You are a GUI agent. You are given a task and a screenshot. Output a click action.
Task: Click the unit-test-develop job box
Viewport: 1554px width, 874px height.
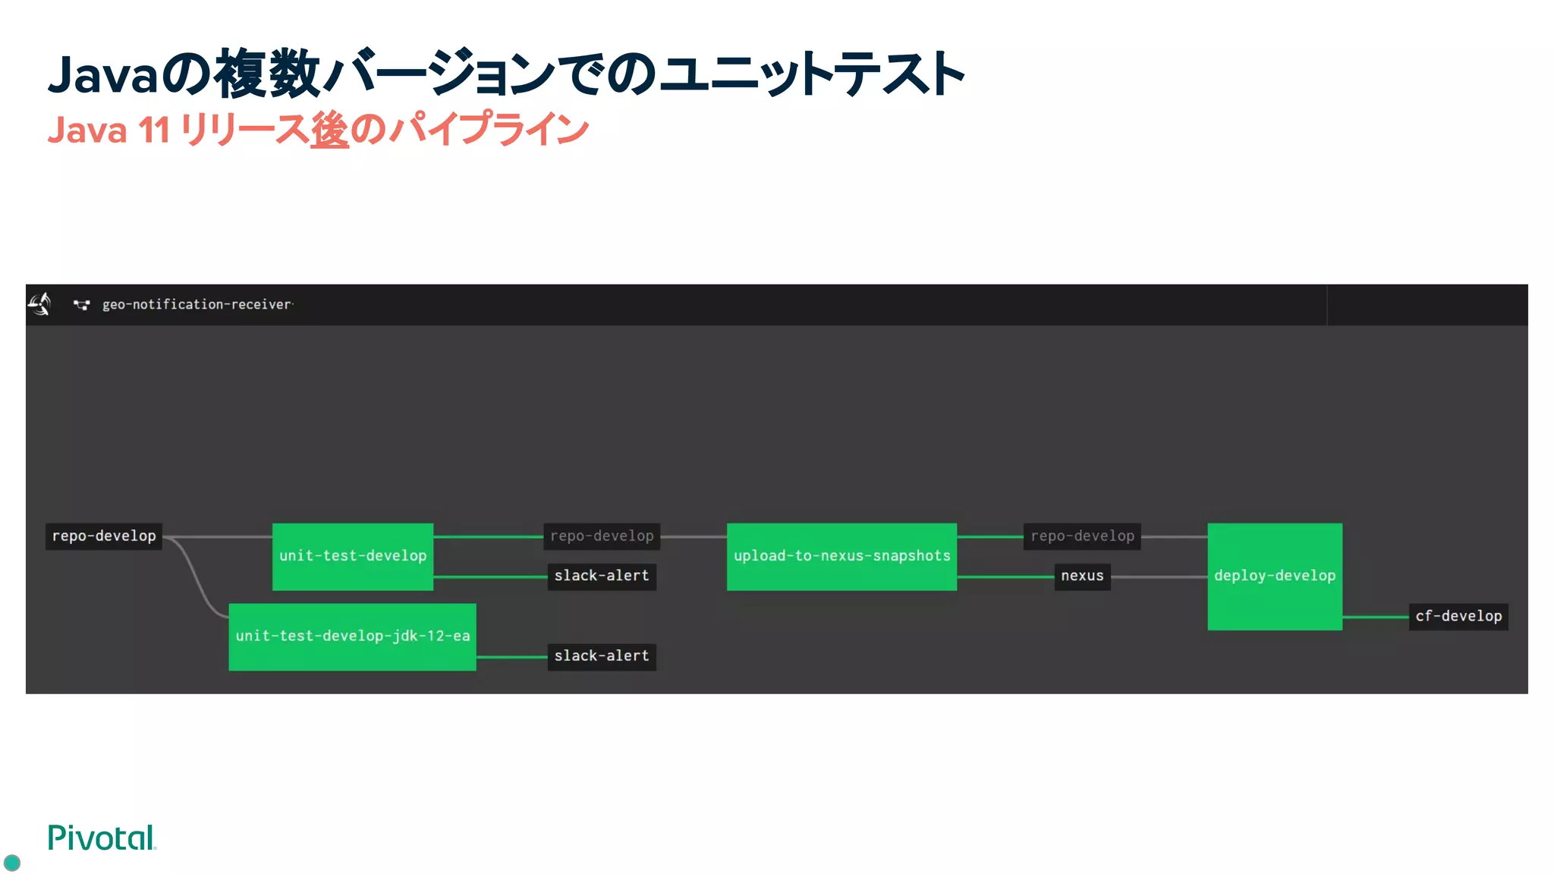click(x=353, y=556)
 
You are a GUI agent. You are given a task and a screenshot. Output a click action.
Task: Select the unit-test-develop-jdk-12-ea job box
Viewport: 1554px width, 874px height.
click(x=352, y=637)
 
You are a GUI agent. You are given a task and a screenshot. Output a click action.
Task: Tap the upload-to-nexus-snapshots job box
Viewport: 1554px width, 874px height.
click(x=841, y=556)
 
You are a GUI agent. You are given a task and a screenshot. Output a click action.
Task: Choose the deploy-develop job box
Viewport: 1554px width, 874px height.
click(x=1275, y=576)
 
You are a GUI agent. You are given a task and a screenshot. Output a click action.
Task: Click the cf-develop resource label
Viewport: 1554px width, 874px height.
click(x=1458, y=616)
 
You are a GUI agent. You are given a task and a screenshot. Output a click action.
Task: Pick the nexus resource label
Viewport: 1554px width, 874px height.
click(x=1082, y=576)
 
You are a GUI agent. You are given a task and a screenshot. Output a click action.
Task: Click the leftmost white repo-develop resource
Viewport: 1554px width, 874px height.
click(x=104, y=536)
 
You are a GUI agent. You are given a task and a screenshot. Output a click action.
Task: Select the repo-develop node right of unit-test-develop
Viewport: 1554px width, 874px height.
click(x=602, y=536)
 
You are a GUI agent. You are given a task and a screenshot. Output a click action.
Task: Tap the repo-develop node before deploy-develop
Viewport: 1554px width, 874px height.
click(x=1082, y=536)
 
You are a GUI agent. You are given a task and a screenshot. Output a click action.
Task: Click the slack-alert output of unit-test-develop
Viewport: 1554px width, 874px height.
click(x=602, y=576)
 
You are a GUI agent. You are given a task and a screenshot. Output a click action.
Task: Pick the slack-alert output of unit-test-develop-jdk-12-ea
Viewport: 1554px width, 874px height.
click(x=602, y=655)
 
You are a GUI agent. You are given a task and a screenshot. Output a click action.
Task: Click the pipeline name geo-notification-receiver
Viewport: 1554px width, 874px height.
click(x=197, y=304)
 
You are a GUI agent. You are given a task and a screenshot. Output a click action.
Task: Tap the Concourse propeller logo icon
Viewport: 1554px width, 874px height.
click(x=40, y=304)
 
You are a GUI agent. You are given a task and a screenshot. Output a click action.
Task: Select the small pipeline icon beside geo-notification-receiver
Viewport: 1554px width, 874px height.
click(x=81, y=305)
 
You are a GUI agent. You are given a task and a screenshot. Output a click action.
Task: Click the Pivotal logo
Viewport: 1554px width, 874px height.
click(x=102, y=838)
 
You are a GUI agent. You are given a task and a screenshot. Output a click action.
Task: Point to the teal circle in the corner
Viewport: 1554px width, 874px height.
click(x=12, y=863)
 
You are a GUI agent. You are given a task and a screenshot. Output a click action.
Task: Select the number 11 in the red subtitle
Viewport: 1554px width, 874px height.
click(x=154, y=130)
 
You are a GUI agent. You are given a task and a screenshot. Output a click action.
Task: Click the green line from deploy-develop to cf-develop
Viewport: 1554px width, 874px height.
click(x=1375, y=617)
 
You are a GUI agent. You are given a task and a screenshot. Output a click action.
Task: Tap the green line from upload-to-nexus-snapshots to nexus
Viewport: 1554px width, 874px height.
click(x=1005, y=577)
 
